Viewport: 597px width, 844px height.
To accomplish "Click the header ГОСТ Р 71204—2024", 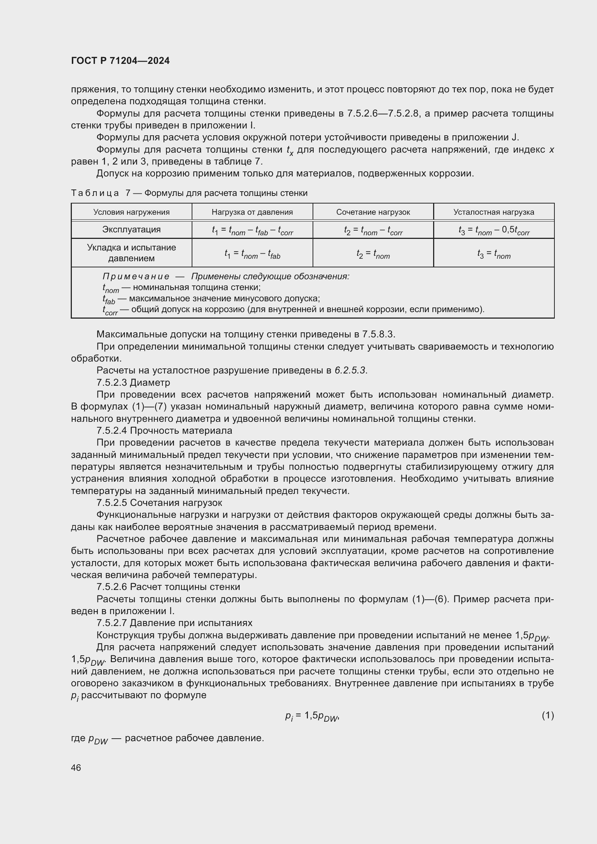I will pyautogui.click(x=120, y=61).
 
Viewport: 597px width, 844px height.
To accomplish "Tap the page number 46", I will pyautogui.click(x=76, y=768).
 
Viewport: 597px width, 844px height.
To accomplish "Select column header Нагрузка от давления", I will pyautogui.click(x=252, y=212).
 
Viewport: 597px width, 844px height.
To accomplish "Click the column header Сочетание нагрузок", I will pyautogui.click(x=373, y=212).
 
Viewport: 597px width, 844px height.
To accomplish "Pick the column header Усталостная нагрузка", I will pyautogui.click(x=493, y=212).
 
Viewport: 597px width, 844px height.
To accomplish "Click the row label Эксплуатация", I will pyautogui.click(x=131, y=229).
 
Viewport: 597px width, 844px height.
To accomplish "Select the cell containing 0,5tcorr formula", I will pyautogui.click(x=493, y=231).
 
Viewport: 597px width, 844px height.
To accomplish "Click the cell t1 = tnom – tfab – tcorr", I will pyautogui.click(x=252, y=231).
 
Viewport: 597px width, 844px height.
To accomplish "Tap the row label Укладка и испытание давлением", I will pyautogui.click(x=131, y=253).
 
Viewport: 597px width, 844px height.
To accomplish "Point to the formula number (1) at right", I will pyautogui.click(x=548, y=715).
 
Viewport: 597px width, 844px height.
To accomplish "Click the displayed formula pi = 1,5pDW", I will pyautogui.click(x=311, y=716).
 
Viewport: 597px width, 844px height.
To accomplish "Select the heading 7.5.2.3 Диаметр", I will pyautogui.click(x=133, y=382).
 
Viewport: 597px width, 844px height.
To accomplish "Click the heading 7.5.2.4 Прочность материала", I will pyautogui.click(x=164, y=430).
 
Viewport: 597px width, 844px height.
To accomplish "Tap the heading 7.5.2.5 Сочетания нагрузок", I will pyautogui.click(x=159, y=503).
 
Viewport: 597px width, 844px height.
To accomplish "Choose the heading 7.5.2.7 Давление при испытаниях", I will pyautogui.click(x=174, y=623).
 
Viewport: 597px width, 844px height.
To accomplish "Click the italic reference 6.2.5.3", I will pyautogui.click(x=350, y=371).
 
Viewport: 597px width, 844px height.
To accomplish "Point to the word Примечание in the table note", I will pyautogui.click(x=136, y=276).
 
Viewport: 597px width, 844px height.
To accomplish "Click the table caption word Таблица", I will pyautogui.click(x=95, y=193).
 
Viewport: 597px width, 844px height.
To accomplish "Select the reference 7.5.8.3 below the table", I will pyautogui.click(x=378, y=334).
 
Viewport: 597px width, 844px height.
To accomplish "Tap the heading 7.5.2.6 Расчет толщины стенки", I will pyautogui.click(x=168, y=587).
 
